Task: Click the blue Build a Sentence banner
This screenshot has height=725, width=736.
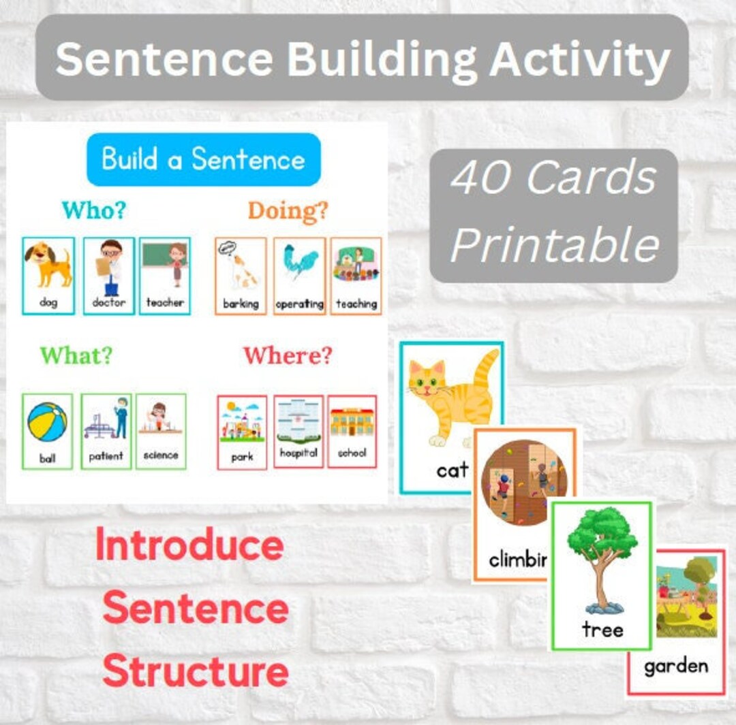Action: [x=203, y=159]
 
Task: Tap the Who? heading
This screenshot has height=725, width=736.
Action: [x=93, y=210]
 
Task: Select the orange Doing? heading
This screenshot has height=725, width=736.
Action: [x=287, y=211]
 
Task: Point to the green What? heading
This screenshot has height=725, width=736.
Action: [x=76, y=355]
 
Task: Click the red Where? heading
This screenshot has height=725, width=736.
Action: [x=287, y=355]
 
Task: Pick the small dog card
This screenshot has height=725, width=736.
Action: [x=48, y=276]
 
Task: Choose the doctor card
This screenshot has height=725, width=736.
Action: [x=108, y=276]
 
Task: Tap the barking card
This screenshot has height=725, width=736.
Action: [x=241, y=276]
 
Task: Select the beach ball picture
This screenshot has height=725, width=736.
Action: [x=47, y=422]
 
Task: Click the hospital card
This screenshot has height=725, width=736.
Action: [x=298, y=431]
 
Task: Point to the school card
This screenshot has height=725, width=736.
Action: [x=352, y=431]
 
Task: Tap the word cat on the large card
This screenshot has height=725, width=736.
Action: [x=452, y=470]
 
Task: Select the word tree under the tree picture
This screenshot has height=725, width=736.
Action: [x=602, y=630]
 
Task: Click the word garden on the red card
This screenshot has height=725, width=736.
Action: [x=675, y=666]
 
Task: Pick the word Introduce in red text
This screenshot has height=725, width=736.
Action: [x=189, y=546]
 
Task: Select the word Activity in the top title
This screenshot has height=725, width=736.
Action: [x=579, y=60]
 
